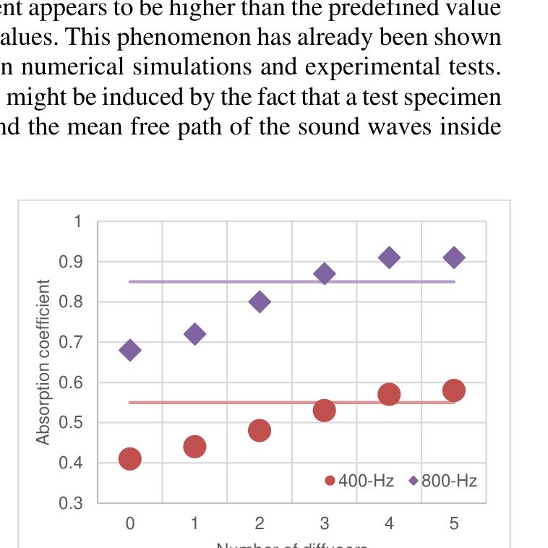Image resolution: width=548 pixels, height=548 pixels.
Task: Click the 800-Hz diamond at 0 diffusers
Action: (x=129, y=351)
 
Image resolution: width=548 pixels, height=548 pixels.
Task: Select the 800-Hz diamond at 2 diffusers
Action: (x=260, y=302)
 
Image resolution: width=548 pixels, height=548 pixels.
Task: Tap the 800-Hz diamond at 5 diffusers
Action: (x=454, y=257)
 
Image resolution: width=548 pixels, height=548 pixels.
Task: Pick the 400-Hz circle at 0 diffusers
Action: (x=129, y=458)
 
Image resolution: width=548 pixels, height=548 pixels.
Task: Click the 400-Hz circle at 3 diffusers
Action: (x=325, y=410)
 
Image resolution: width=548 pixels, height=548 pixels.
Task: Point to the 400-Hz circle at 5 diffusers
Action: (x=454, y=390)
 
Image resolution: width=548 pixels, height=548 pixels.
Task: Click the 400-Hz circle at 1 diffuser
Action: (x=194, y=447)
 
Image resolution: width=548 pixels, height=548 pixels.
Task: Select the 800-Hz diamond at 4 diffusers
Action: (x=389, y=257)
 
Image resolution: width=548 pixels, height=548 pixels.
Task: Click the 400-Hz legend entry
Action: (x=359, y=481)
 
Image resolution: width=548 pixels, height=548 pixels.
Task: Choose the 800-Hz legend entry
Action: (x=442, y=481)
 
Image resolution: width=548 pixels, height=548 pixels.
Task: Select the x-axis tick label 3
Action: (x=325, y=523)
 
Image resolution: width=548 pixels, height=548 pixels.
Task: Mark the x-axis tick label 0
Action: (x=129, y=523)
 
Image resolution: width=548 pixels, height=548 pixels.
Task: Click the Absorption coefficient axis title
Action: (x=43, y=361)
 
